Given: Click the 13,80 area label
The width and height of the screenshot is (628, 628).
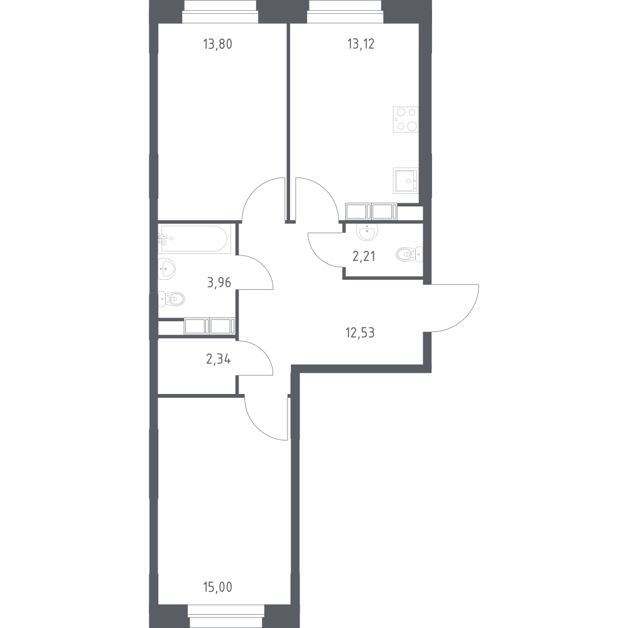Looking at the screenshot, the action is (x=217, y=44).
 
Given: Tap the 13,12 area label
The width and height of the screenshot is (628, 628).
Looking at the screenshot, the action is (x=361, y=44).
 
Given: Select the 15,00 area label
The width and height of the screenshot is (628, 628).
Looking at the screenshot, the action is (x=217, y=588).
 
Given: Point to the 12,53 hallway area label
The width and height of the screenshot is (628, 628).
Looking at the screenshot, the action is (x=360, y=333).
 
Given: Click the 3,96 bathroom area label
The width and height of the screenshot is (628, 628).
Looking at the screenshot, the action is (x=219, y=283).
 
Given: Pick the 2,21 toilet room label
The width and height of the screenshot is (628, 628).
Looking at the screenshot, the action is (x=364, y=257).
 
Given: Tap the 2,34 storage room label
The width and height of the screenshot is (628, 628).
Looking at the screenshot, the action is (x=219, y=359).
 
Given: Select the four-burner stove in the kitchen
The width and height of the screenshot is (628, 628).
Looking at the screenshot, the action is (x=406, y=119).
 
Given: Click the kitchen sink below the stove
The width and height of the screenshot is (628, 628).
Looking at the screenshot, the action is (x=406, y=180).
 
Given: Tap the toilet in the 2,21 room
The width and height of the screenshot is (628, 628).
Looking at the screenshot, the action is (x=409, y=254).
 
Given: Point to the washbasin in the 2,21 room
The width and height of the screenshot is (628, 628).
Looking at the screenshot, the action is (x=367, y=232).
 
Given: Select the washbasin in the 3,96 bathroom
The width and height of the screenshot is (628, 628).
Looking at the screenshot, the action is (x=166, y=269).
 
